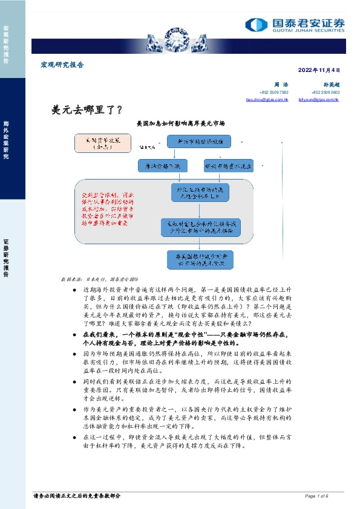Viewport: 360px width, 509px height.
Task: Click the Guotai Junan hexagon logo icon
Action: [x=256, y=24]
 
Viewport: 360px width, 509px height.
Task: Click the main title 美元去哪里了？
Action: [x=88, y=110]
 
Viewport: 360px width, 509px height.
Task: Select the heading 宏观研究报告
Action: [x=62, y=65]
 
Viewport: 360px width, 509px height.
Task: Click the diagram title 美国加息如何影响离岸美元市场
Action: [x=181, y=123]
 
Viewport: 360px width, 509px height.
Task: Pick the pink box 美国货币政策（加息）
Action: [x=98, y=142]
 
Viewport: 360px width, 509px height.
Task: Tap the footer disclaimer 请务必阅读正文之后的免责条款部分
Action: [x=77, y=496]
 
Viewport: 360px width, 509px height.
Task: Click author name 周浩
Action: [x=280, y=85]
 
